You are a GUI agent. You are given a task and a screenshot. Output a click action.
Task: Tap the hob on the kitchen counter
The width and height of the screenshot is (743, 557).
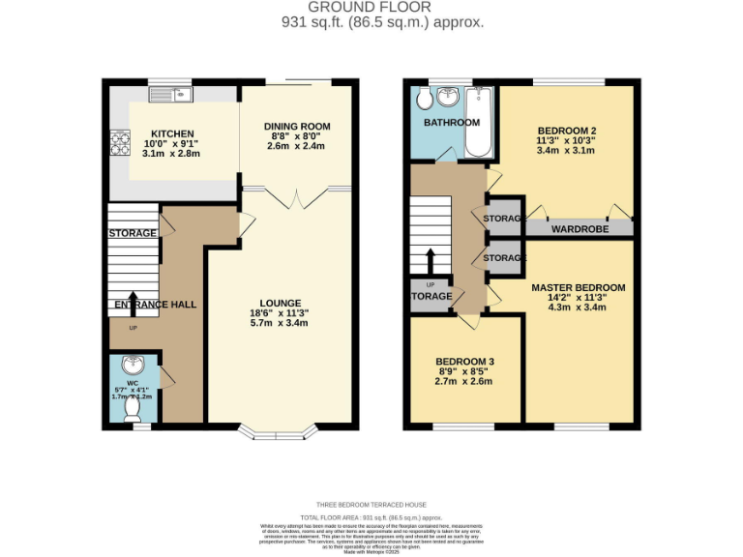[122, 142]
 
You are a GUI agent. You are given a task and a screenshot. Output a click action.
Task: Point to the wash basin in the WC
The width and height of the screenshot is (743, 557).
[134, 367]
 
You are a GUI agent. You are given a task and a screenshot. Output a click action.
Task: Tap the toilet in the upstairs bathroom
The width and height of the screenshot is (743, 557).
[422, 100]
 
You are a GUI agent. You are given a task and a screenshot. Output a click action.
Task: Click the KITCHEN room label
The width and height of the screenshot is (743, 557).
[172, 133]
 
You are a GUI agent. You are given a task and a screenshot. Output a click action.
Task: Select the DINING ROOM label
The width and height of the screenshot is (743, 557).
[297, 126]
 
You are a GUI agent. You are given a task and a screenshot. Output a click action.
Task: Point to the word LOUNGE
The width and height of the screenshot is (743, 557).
[280, 303]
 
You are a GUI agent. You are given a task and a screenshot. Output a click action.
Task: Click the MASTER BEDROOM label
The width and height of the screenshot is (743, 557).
[578, 287]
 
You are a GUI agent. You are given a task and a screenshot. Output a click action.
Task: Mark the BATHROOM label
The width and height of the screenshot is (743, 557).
[451, 123]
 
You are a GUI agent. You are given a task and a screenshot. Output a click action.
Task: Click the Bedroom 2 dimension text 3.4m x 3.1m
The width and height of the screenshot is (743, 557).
[566, 150]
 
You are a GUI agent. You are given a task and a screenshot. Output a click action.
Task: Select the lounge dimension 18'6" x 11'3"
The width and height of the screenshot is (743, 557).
[280, 313]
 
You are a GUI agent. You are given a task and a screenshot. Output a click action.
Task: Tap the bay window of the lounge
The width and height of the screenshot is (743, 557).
[281, 430]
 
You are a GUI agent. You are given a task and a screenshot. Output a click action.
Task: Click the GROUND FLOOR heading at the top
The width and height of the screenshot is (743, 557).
[371, 7]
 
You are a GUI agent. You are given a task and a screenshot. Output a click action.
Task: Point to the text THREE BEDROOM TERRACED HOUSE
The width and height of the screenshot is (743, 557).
[371, 505]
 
